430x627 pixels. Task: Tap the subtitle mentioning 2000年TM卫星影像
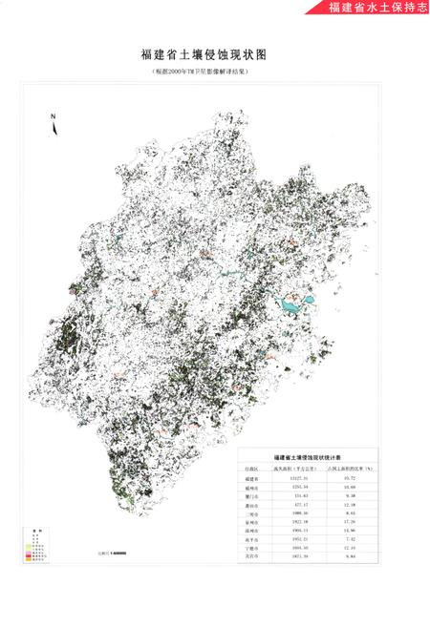click(x=215, y=72)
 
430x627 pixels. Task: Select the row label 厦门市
click(x=250, y=495)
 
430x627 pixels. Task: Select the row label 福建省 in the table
click(x=250, y=478)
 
